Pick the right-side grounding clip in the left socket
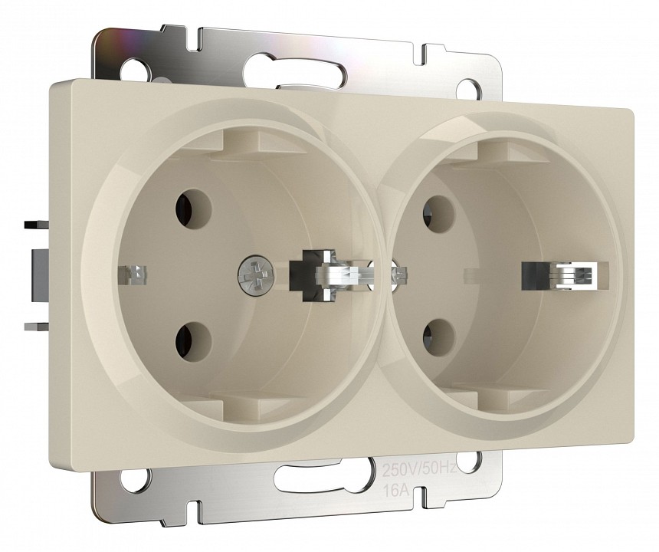pyautogui.click(x=331, y=275)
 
